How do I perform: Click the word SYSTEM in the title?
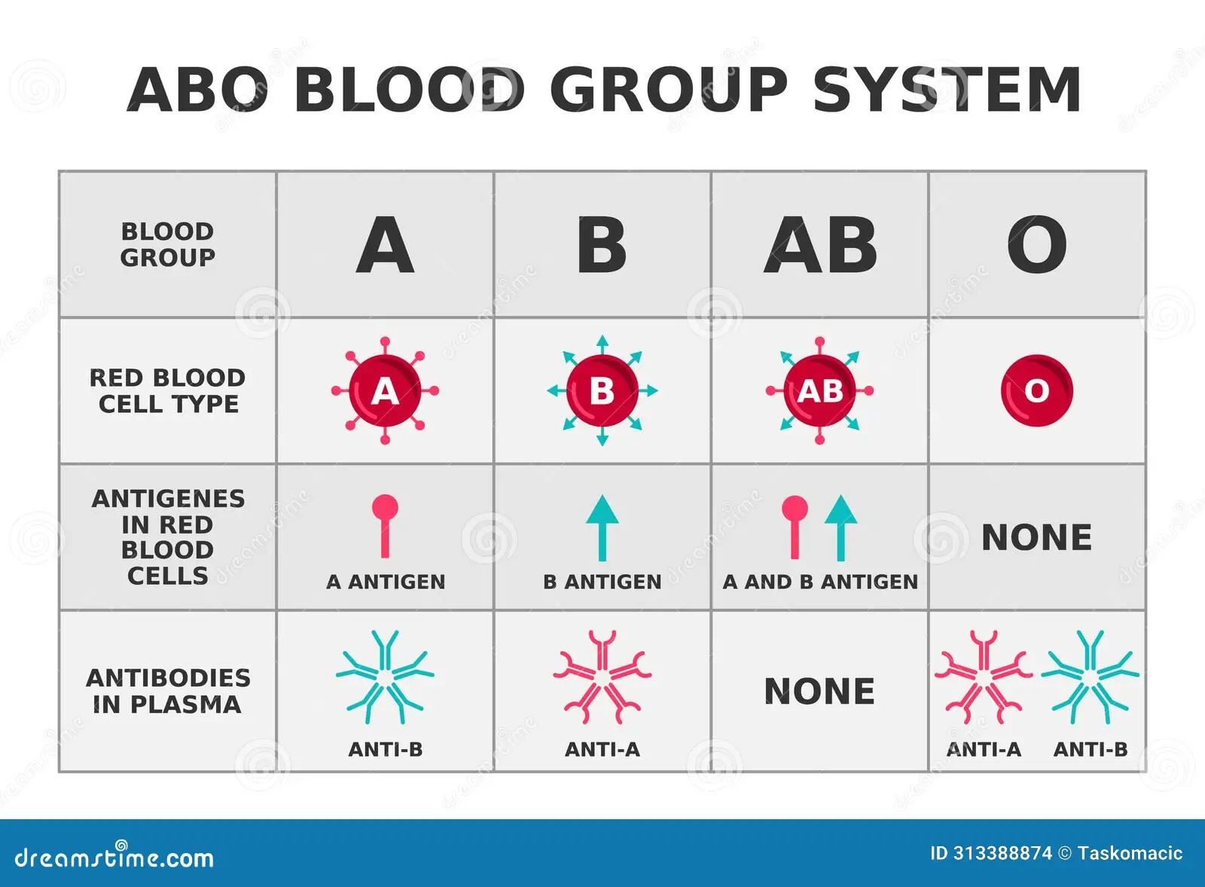946,90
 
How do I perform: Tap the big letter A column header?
385,245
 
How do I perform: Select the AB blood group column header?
820,245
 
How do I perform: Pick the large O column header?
1037,245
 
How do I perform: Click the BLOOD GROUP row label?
167,244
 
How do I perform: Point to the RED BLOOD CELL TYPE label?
167,391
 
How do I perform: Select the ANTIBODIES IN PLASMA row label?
168,690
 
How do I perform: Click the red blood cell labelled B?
602,391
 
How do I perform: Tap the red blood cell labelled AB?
820,391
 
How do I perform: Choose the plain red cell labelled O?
1037,391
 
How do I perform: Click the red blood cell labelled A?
385,391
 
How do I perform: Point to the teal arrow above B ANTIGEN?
602,528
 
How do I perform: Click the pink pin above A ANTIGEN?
385,527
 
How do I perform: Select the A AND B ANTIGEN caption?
820,582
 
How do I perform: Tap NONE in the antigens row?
1037,537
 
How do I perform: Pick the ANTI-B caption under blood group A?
385,749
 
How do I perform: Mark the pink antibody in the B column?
602,677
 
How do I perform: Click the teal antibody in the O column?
1090,677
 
